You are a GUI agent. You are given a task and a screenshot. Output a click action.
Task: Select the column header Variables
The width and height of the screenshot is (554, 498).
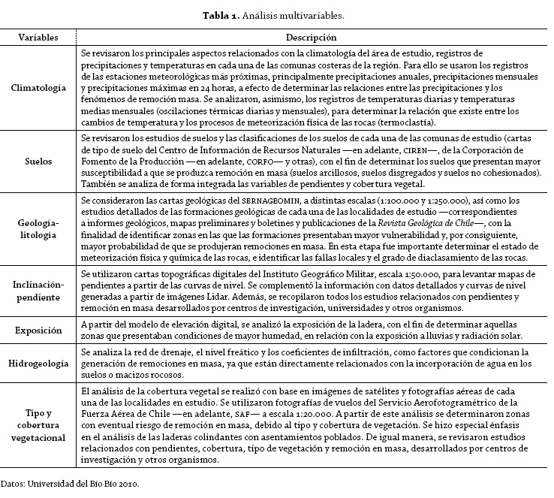[40, 37]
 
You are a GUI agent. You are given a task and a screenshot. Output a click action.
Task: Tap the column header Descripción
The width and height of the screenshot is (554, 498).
[311, 37]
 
